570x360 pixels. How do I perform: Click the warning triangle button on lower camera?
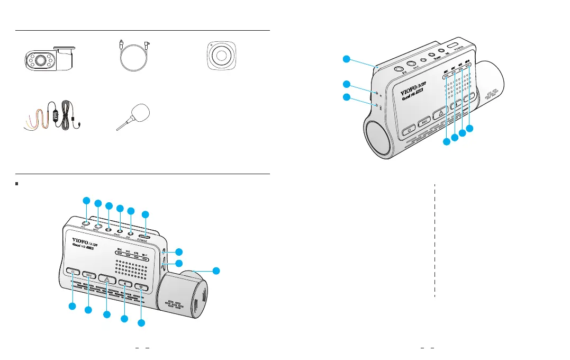click(x=107, y=278)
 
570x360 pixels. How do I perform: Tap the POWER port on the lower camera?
click(x=143, y=236)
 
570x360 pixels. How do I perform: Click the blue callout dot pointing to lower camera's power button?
click(x=72, y=307)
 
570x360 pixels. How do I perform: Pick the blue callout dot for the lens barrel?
click(x=216, y=271)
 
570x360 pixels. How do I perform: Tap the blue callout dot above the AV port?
click(x=86, y=200)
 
